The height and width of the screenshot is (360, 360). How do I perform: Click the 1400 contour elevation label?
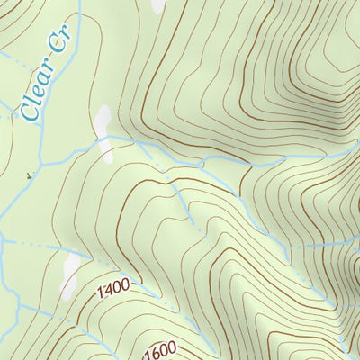point(114,290)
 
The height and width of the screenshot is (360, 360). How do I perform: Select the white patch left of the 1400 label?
point(71,266)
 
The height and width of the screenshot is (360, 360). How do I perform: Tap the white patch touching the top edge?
point(158,5)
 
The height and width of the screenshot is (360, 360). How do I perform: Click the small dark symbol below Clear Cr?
point(29,175)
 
